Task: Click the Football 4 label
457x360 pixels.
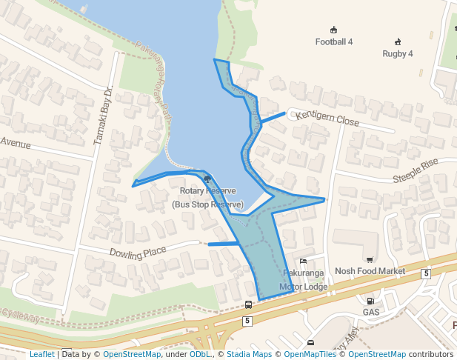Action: coord(333,41)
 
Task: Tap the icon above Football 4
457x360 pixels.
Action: coord(333,30)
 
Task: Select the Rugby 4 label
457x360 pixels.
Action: coord(398,53)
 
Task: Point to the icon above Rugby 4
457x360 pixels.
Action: coord(398,41)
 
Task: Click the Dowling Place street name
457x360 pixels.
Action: coord(138,253)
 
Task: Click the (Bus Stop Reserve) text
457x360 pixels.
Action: coord(207,204)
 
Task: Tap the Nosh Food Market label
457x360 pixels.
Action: coord(370,271)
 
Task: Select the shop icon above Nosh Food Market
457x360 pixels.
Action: coord(370,259)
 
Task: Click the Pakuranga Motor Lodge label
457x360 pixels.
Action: coord(304,280)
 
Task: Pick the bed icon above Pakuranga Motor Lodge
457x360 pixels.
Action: coord(303,261)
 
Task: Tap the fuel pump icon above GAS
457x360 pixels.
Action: coord(370,300)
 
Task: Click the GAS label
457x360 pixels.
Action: coord(370,312)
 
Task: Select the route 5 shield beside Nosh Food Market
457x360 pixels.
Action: coord(426,273)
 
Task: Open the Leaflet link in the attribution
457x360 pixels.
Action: coord(41,354)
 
